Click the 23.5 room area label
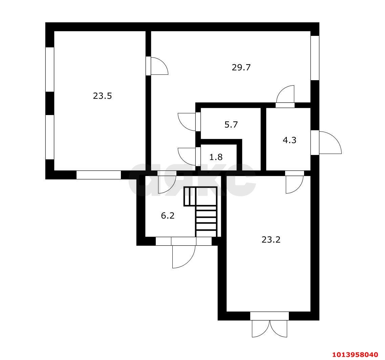tap(102, 96)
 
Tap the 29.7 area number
tap(241, 67)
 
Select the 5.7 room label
tap(231, 125)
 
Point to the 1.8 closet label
tap(216, 157)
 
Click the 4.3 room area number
tap(290, 140)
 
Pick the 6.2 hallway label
tap(168, 216)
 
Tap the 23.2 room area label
tap(271, 240)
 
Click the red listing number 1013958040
tap(355, 355)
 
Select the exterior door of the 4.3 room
tap(326, 142)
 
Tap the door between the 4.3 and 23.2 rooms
tap(295, 182)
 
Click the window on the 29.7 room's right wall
tap(315, 58)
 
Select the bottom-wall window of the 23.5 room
tap(99, 175)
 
